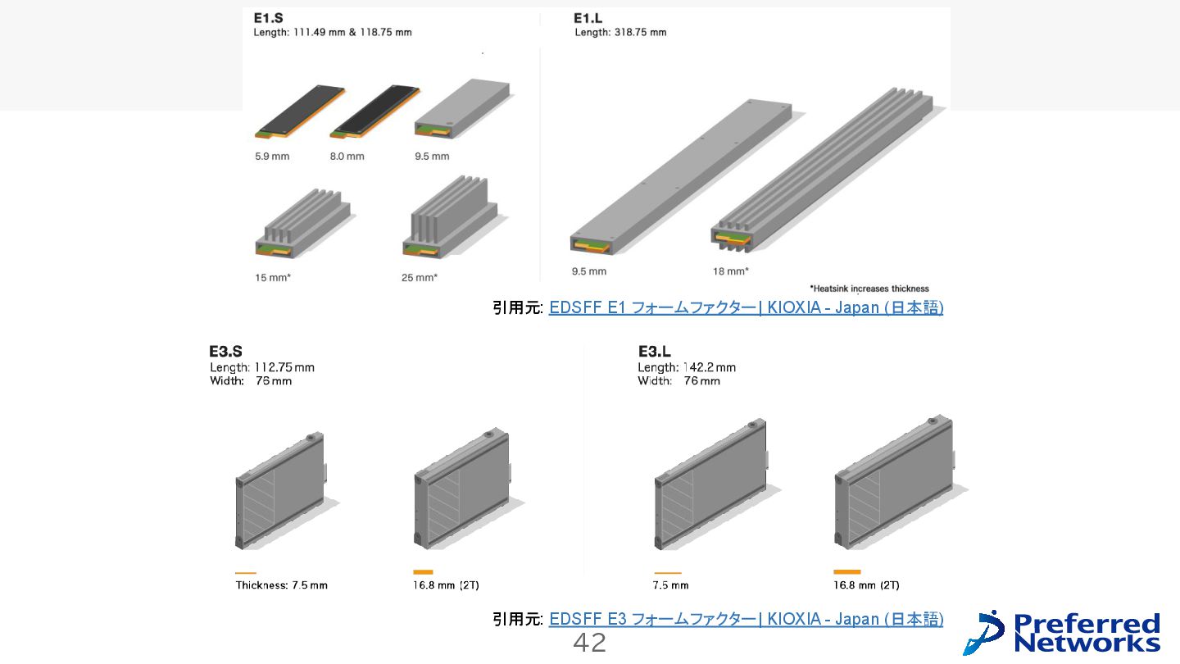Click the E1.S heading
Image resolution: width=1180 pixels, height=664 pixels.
click(269, 18)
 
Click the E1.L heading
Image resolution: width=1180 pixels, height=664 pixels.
click(588, 18)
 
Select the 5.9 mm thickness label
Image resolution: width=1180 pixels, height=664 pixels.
click(272, 156)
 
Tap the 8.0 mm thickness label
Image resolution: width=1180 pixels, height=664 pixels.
click(347, 156)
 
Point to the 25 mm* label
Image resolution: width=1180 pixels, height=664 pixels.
click(420, 278)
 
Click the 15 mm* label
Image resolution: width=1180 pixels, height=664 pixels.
click(273, 278)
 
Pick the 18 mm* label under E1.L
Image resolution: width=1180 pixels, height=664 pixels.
click(731, 271)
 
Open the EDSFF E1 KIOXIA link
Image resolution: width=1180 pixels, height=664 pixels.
click(746, 308)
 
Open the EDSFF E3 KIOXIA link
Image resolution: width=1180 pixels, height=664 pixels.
click(746, 620)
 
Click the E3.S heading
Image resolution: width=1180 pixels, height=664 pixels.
click(225, 352)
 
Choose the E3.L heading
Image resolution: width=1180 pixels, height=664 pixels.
click(655, 352)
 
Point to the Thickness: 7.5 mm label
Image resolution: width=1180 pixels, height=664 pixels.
click(281, 585)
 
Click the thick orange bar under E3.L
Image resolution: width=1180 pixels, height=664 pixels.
click(846, 571)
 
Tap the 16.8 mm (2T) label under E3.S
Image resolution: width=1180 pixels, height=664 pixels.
click(446, 585)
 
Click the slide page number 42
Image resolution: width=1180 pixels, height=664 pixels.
click(589, 644)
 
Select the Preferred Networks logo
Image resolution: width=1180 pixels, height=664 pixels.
click(1063, 632)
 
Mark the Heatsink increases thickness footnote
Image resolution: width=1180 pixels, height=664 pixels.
click(869, 289)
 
